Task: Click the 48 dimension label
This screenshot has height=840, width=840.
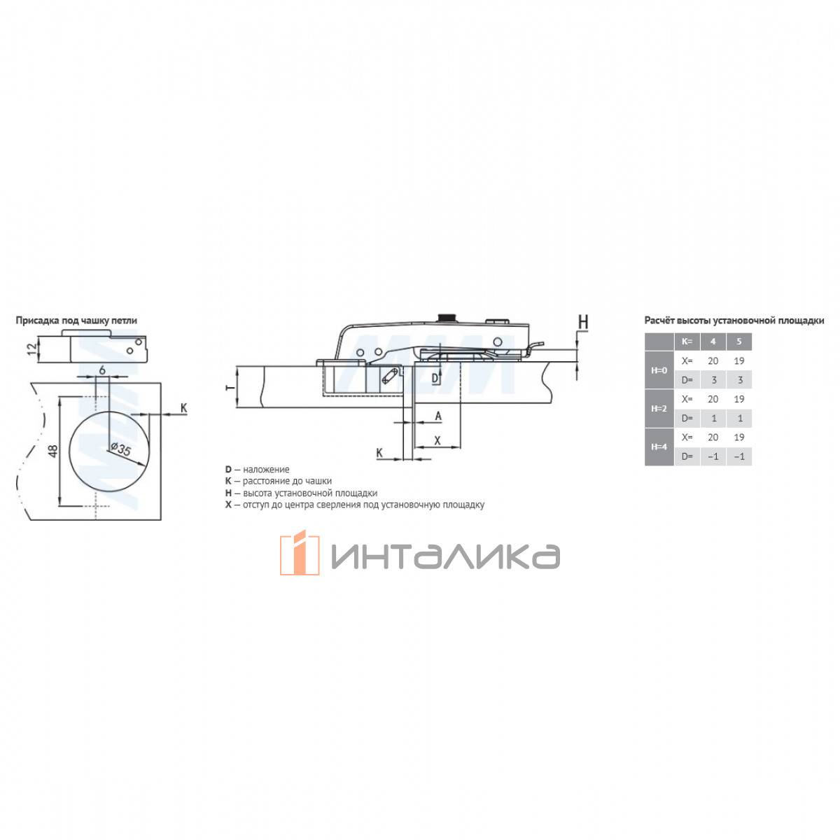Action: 53,450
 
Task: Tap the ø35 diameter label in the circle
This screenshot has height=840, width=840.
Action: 120,449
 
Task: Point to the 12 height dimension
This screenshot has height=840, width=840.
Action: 32,349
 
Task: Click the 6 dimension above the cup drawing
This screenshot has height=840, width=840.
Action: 102,370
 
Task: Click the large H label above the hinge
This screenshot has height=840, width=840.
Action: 583,322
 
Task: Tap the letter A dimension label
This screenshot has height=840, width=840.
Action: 438,416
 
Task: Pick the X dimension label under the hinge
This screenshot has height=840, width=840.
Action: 437,440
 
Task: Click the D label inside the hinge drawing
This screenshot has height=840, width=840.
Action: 435,379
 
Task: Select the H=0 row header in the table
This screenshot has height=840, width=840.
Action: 659,370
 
